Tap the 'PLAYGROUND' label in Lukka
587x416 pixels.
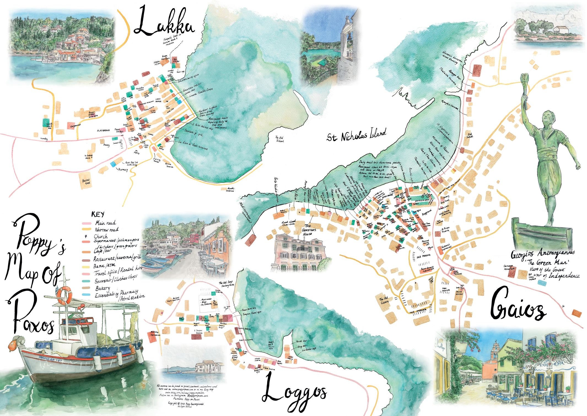point(103,130)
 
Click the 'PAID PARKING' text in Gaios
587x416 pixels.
point(418,257)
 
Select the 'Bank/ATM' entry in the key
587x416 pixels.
point(105,266)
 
